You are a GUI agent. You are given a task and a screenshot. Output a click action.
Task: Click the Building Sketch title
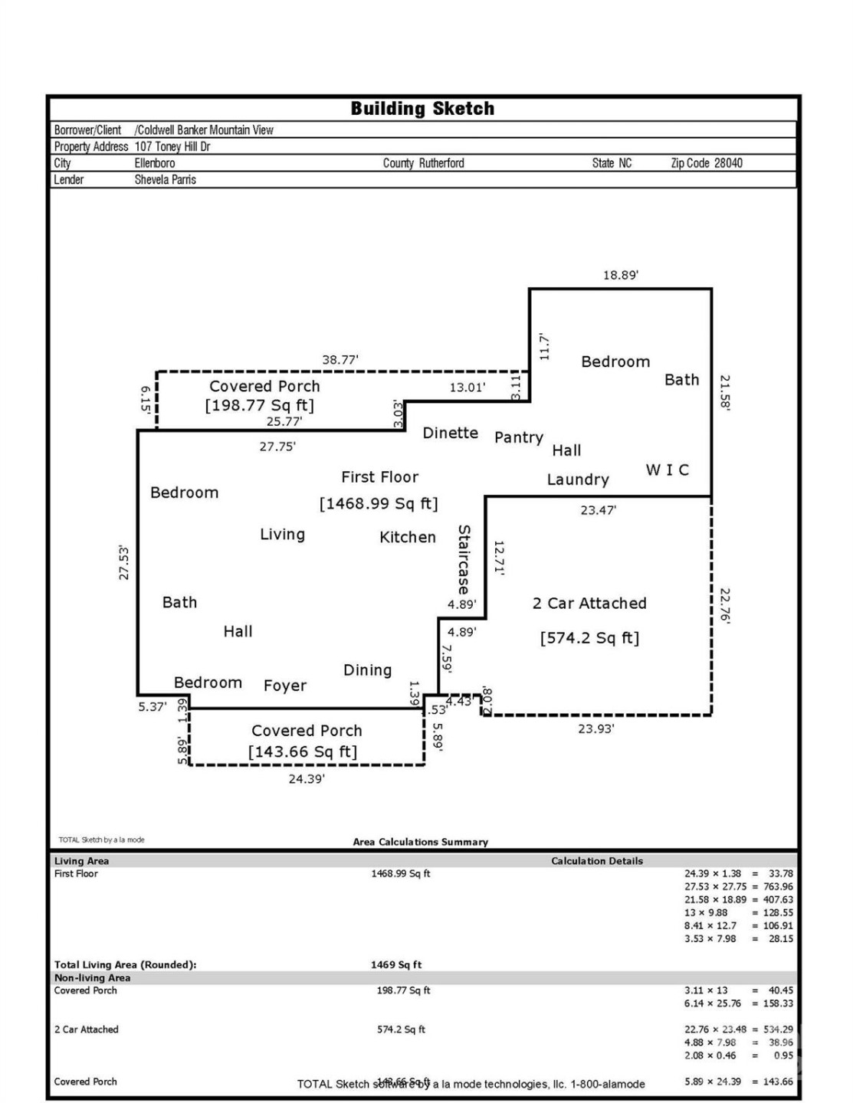tap(422, 109)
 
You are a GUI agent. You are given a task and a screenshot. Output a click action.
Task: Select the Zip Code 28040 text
tap(706, 163)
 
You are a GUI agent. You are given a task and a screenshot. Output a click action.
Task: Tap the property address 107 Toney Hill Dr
tap(172, 146)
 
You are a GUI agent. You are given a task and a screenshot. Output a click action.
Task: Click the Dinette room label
tap(450, 433)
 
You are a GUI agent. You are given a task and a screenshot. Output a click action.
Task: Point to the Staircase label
tap(464, 559)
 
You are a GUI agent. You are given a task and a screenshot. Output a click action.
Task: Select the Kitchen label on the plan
tap(407, 537)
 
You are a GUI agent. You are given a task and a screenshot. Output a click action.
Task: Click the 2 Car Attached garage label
tap(589, 603)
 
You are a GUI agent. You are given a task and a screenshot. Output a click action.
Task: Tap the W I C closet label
tap(667, 470)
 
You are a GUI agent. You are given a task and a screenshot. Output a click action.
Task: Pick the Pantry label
tap(518, 437)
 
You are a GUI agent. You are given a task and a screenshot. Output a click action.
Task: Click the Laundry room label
tap(577, 479)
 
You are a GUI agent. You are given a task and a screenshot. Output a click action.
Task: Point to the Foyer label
tap(284, 686)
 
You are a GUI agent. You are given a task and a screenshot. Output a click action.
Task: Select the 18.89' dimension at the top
tap(620, 275)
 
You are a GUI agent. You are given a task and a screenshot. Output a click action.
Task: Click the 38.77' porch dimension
tap(340, 359)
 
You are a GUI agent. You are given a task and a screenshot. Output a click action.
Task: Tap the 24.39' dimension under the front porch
tap(306, 779)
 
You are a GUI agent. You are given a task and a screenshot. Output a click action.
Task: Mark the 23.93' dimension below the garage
tap(595, 728)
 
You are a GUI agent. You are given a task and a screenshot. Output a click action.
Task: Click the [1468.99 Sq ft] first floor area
tap(379, 503)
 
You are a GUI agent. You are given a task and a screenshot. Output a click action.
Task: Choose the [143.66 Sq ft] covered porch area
tap(302, 751)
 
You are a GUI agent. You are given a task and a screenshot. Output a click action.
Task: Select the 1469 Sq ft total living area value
tap(395, 964)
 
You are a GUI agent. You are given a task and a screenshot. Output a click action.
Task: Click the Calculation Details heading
tap(596, 861)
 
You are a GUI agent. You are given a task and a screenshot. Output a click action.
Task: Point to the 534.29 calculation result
tap(778, 1029)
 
